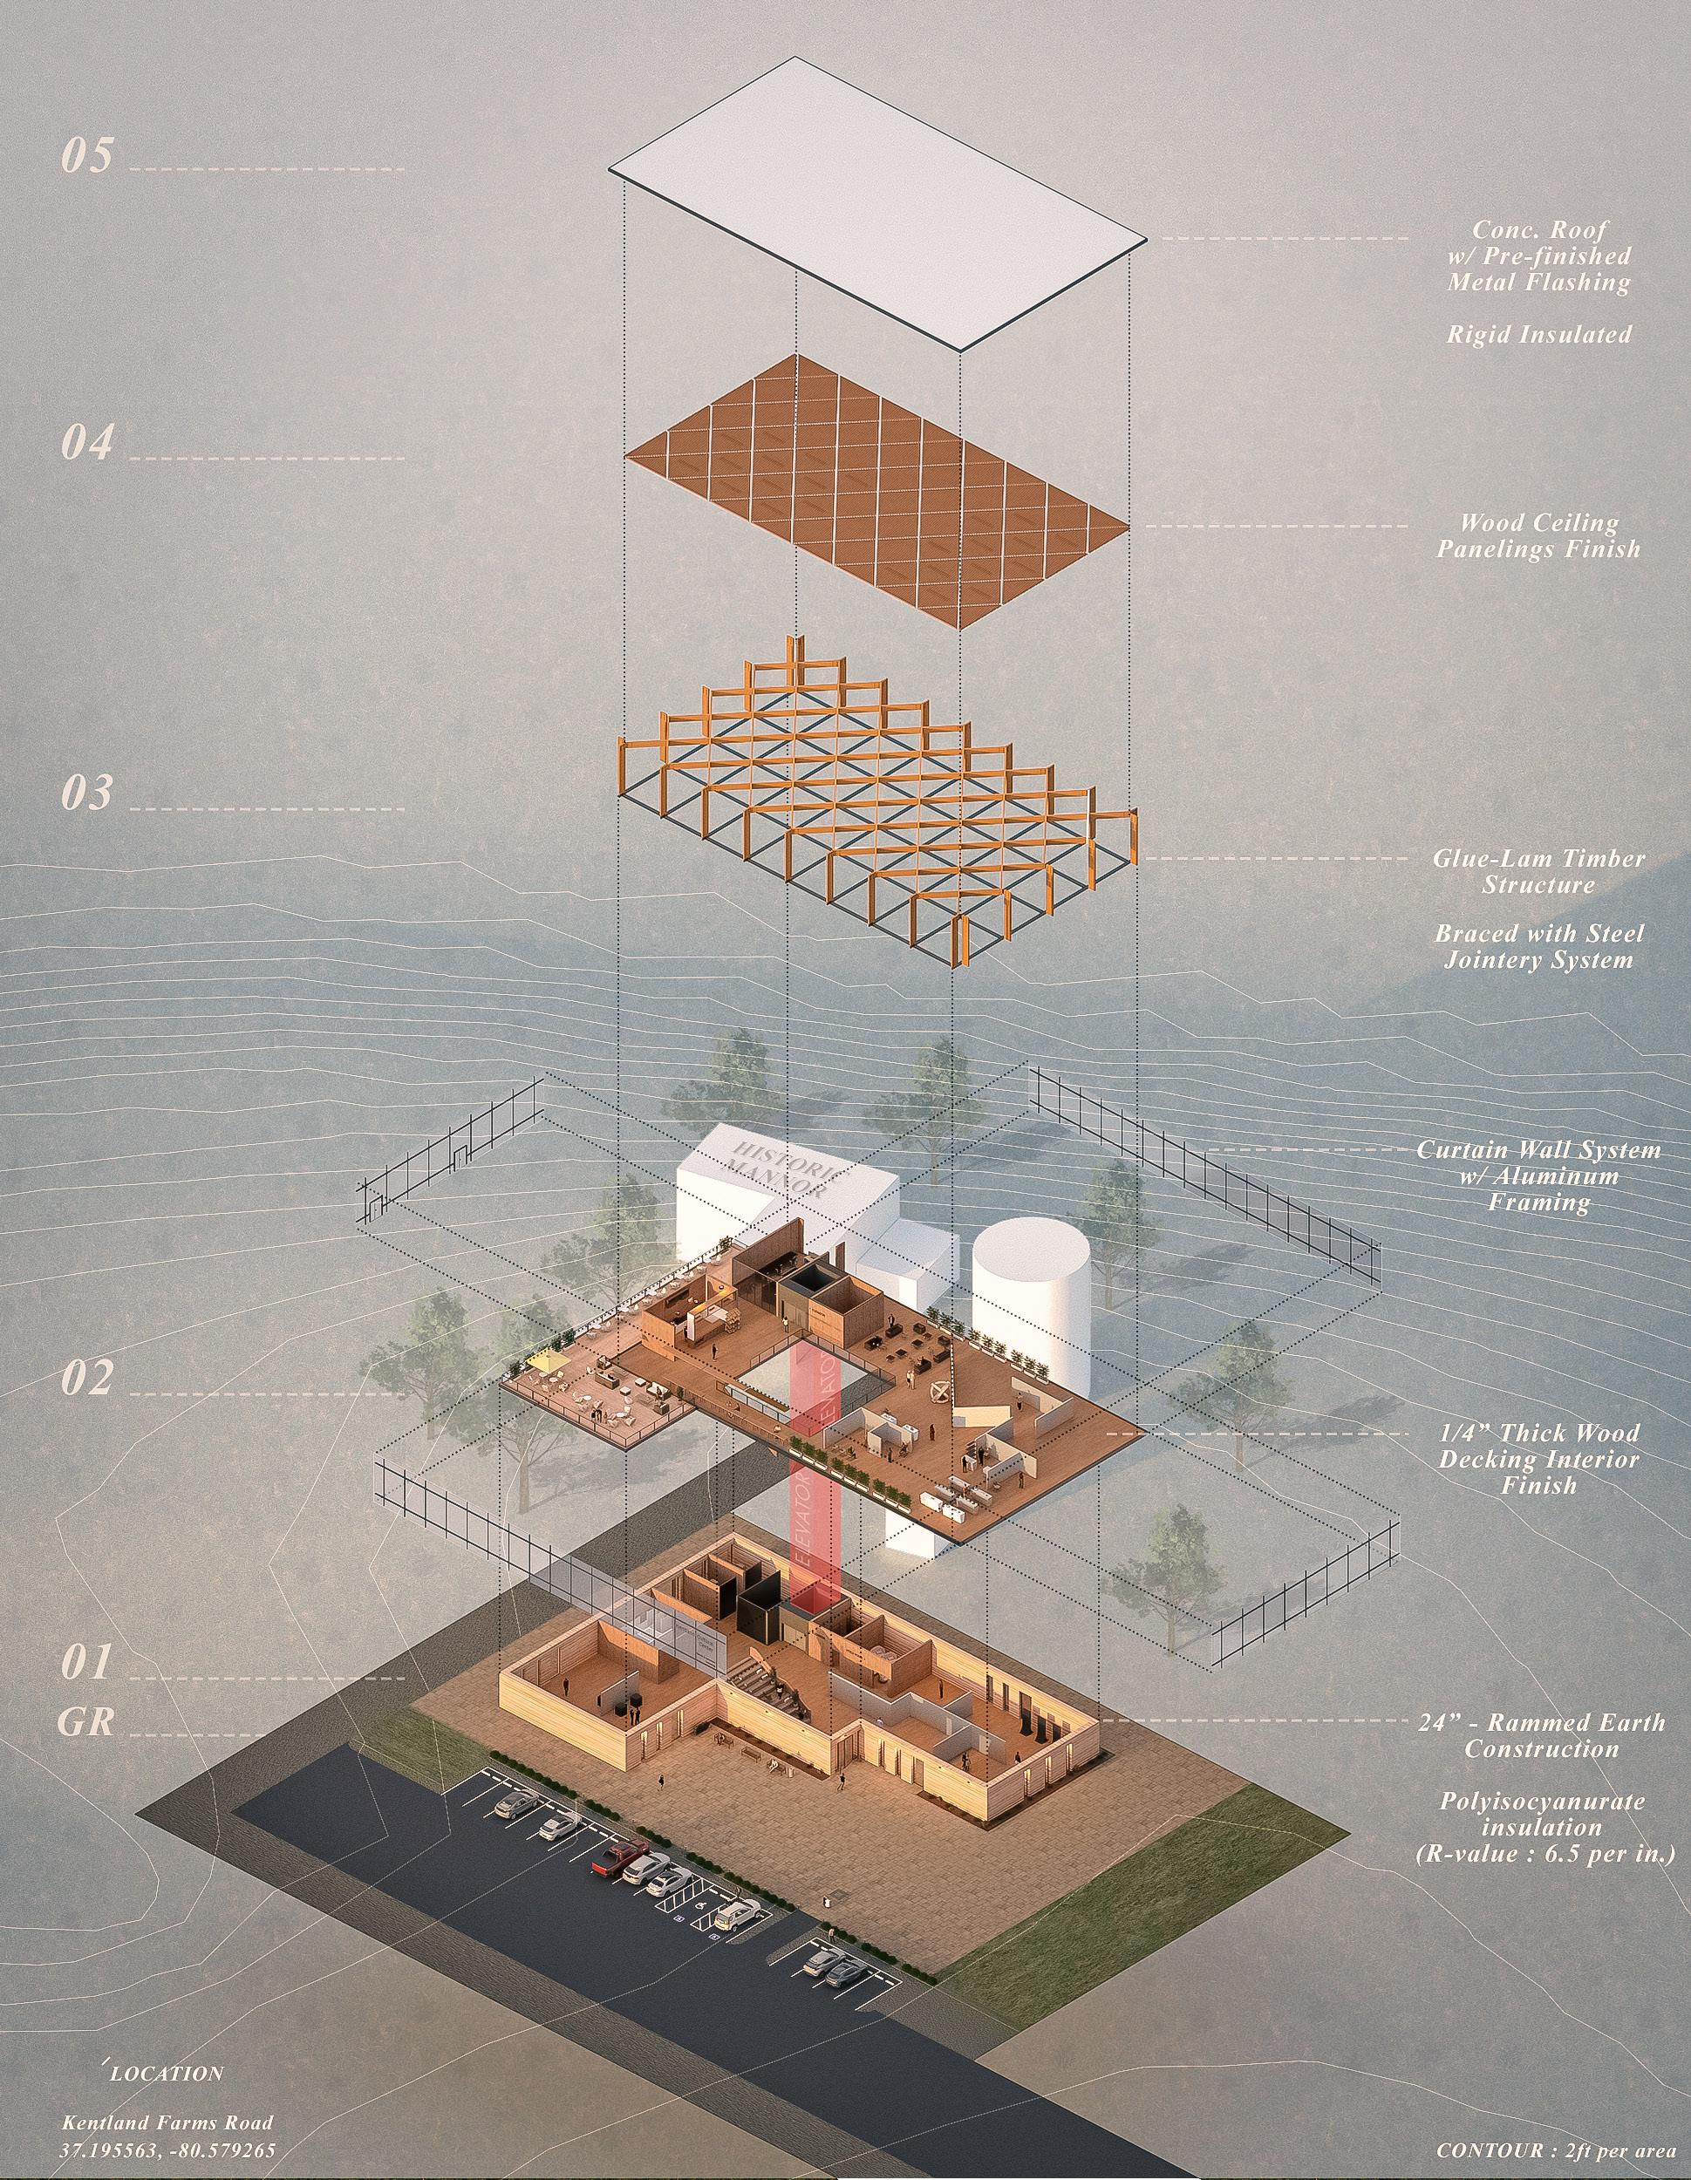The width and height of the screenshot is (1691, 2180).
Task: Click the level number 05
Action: [x=87, y=157]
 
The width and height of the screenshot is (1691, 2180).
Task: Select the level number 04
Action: [x=87, y=442]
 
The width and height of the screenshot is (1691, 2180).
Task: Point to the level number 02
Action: [x=87, y=1380]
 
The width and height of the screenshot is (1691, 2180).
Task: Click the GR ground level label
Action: [x=85, y=1722]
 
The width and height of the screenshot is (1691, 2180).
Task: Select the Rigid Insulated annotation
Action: [x=1538, y=334]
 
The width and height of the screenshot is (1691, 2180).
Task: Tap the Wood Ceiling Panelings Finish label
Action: [x=1538, y=535]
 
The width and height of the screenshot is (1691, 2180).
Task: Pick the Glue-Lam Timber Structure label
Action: [x=1538, y=871]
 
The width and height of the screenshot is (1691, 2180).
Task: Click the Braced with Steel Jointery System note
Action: [x=1538, y=947]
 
